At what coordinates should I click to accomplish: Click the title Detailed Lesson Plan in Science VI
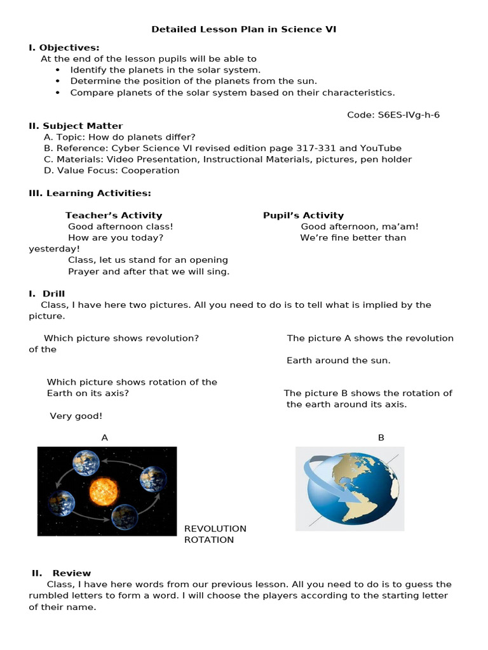[244, 29]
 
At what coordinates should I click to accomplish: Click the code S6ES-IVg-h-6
[393, 115]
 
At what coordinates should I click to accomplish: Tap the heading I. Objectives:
[64, 48]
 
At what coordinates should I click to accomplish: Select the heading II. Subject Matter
[76, 126]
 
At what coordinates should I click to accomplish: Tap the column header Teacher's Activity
[114, 215]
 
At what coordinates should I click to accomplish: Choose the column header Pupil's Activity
[303, 215]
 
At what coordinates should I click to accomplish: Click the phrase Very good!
[76, 416]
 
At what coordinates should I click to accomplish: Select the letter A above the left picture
[105, 437]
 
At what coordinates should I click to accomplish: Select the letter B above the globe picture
[381, 437]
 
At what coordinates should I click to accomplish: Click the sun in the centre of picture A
[104, 491]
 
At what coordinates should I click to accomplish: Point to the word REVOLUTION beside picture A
[215, 529]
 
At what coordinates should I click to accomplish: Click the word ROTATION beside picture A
[209, 540]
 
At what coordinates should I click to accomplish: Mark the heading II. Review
[62, 573]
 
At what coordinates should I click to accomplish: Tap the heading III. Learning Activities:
[90, 193]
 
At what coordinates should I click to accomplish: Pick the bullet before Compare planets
[58, 93]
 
